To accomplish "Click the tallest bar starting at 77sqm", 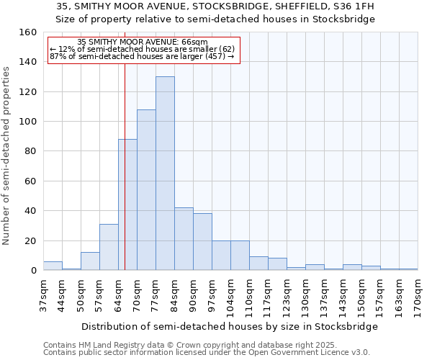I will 165,174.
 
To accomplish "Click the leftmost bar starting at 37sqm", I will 53,266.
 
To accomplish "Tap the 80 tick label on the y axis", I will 30,151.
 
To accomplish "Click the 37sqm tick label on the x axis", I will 43,295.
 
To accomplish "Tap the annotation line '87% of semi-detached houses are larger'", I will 143,56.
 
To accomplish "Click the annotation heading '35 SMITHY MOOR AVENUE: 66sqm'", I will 143,42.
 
